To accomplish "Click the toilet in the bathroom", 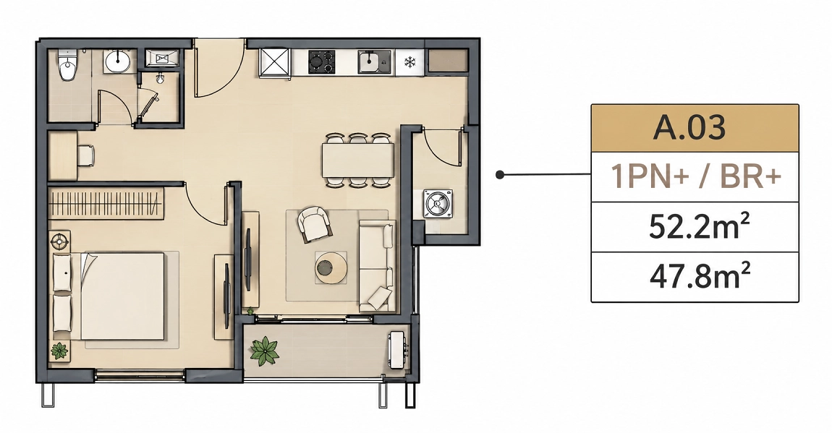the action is (67, 65).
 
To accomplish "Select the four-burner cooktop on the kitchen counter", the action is (322, 61).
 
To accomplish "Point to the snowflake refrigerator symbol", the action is (409, 62).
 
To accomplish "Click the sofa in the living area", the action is (377, 267).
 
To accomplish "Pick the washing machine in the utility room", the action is (438, 205).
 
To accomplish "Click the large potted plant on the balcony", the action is (265, 351).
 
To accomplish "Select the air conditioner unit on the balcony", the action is (399, 351).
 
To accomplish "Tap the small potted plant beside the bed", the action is (59, 351).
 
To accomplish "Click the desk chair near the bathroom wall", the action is (86, 155).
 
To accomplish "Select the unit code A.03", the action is (689, 128).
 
